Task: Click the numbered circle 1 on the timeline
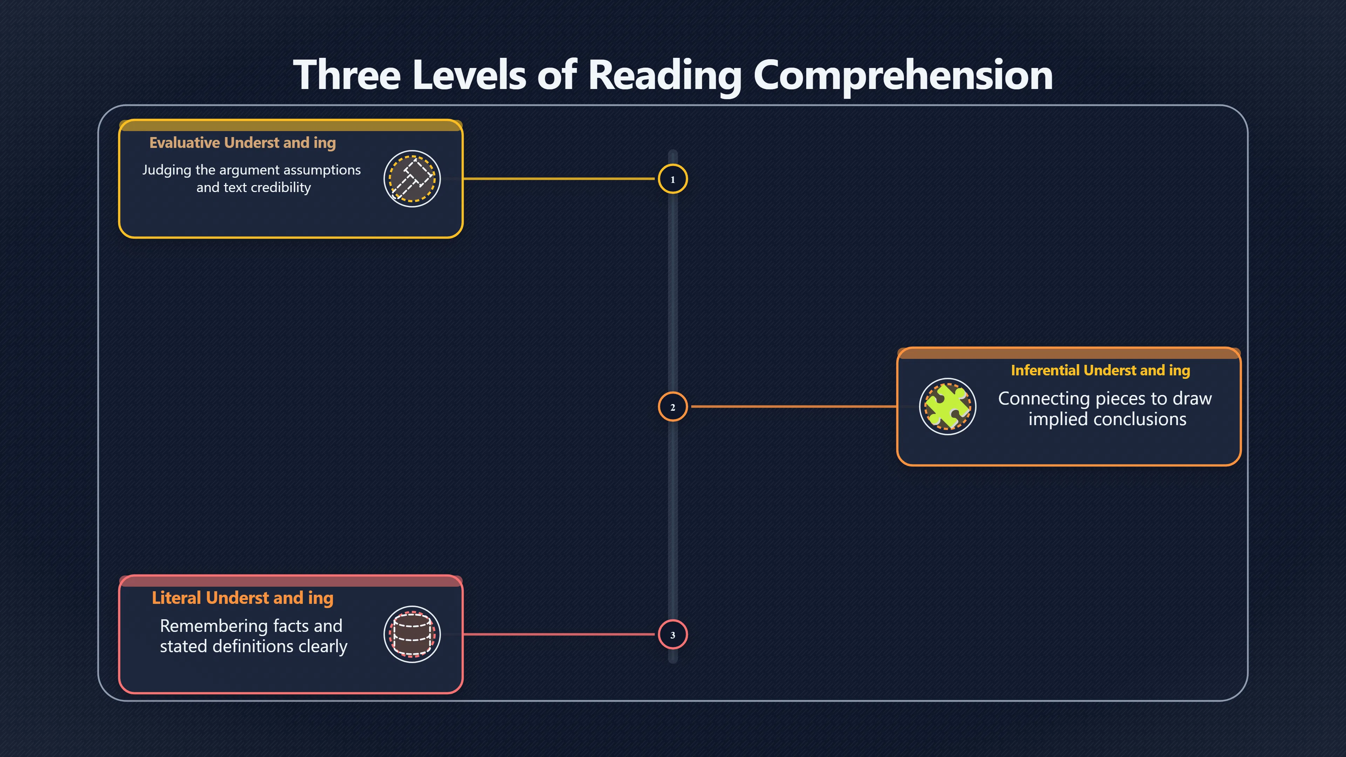tap(673, 179)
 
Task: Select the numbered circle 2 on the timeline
tap(673, 407)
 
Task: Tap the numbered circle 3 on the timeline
tap(673, 635)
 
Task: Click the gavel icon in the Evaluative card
tap(412, 179)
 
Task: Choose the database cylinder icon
tap(412, 634)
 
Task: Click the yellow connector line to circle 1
tap(559, 179)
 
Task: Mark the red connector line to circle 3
tap(559, 634)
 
